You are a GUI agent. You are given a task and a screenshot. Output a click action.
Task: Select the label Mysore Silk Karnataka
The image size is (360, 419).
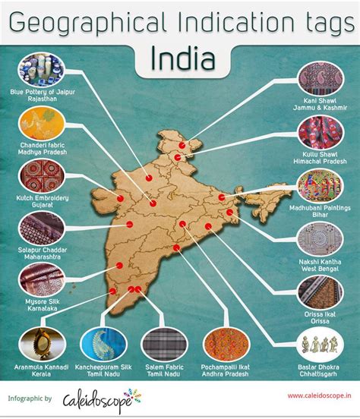coord(39,314)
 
